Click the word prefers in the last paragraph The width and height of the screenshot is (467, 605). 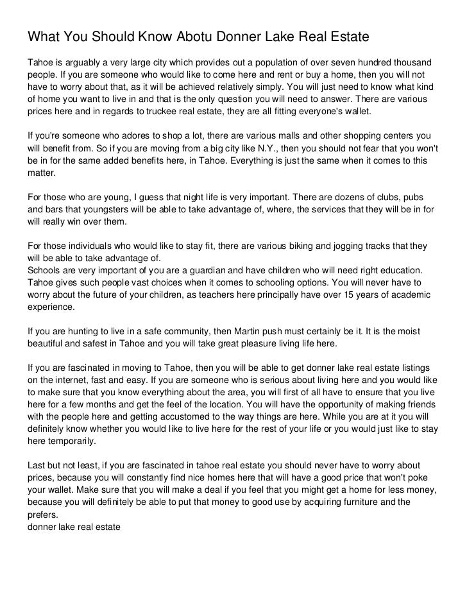pos(42,514)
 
